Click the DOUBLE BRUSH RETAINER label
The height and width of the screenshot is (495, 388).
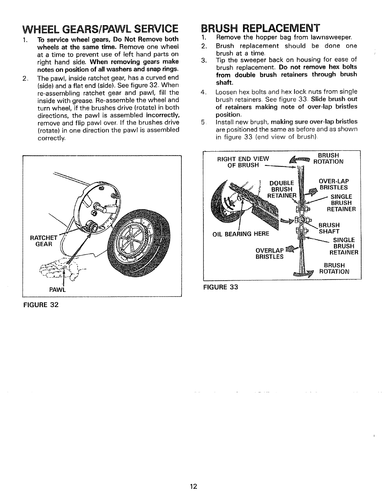[x=281, y=189]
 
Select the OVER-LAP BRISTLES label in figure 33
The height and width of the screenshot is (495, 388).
[x=333, y=184]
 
